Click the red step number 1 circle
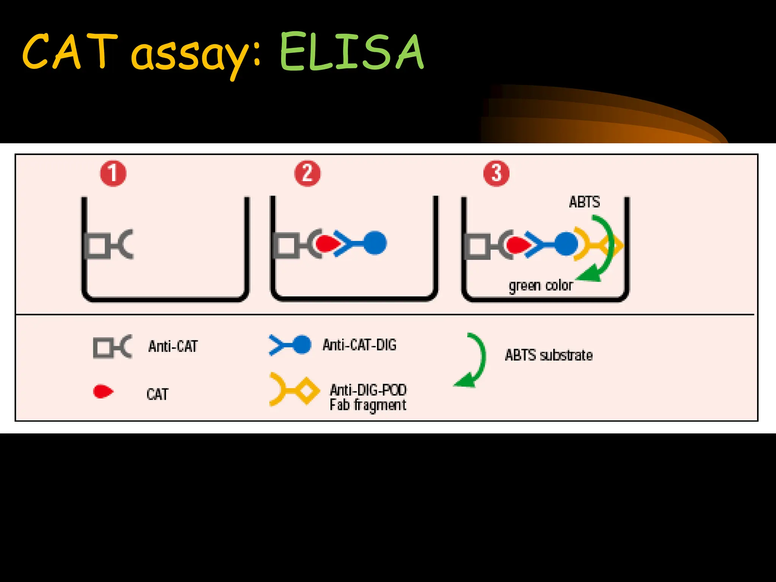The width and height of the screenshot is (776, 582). point(113,174)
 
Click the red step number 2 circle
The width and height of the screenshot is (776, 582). point(307,174)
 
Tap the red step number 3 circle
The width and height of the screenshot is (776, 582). point(496,174)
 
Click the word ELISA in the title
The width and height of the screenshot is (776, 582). point(351,52)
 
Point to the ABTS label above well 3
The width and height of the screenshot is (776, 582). point(584,202)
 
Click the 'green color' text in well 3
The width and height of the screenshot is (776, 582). point(541,285)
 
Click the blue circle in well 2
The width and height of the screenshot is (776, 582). point(375,243)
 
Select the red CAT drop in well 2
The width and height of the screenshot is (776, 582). point(328,244)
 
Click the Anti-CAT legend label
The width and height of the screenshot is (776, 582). point(173,346)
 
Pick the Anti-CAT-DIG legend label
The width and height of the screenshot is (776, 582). point(359,345)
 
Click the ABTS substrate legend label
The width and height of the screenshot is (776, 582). point(549,355)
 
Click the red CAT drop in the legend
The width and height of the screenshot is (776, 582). point(103,391)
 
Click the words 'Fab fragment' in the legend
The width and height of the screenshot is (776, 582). point(368,405)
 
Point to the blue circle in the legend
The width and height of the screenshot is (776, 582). point(302,345)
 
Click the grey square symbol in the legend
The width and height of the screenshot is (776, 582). point(102,347)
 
